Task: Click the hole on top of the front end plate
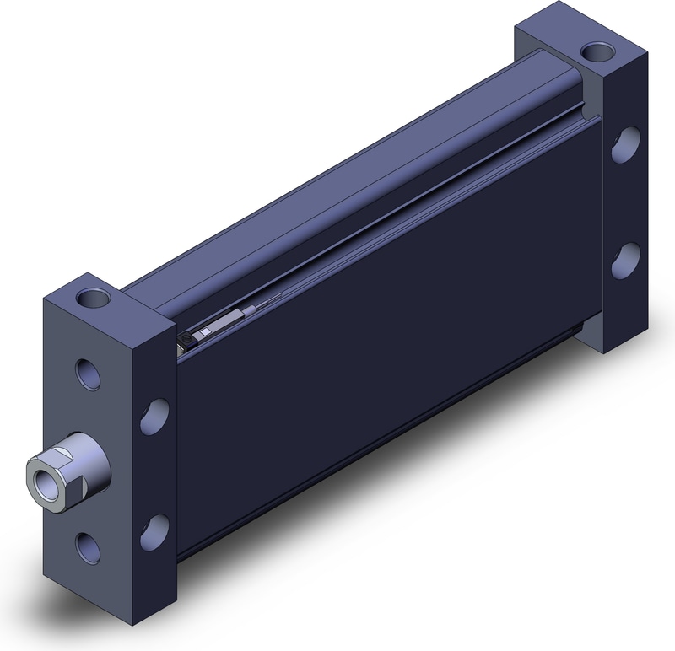tap(91, 298)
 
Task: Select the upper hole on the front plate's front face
tap(85, 371)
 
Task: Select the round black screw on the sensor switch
tap(186, 339)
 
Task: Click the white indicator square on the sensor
tap(203, 335)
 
